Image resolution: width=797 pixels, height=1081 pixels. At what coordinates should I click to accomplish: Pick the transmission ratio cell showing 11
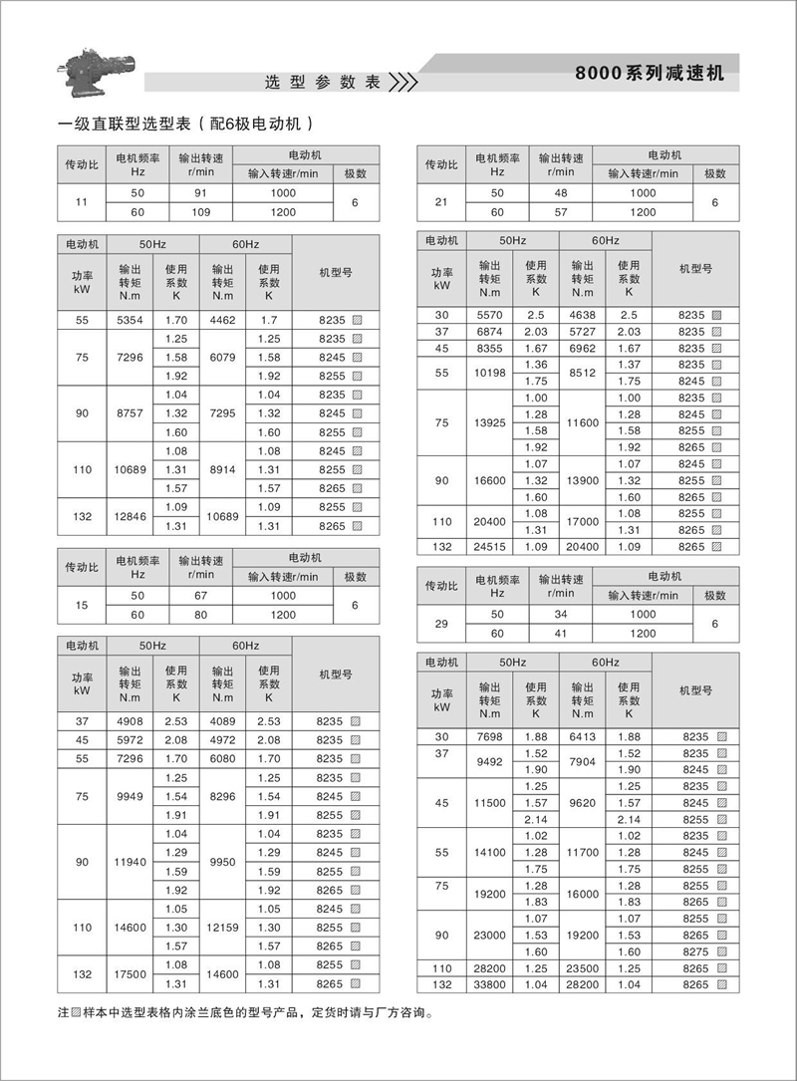point(83,202)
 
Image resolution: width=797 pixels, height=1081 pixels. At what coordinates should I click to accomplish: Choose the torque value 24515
point(489,546)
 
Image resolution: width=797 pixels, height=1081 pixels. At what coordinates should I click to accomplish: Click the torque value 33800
point(489,984)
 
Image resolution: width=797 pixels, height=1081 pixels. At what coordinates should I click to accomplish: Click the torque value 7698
point(489,735)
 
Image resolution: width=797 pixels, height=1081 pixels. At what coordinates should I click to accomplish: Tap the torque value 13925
point(489,422)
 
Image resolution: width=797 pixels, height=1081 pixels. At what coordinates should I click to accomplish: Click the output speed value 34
point(560,615)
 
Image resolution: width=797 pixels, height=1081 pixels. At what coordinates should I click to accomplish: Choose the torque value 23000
point(489,934)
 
